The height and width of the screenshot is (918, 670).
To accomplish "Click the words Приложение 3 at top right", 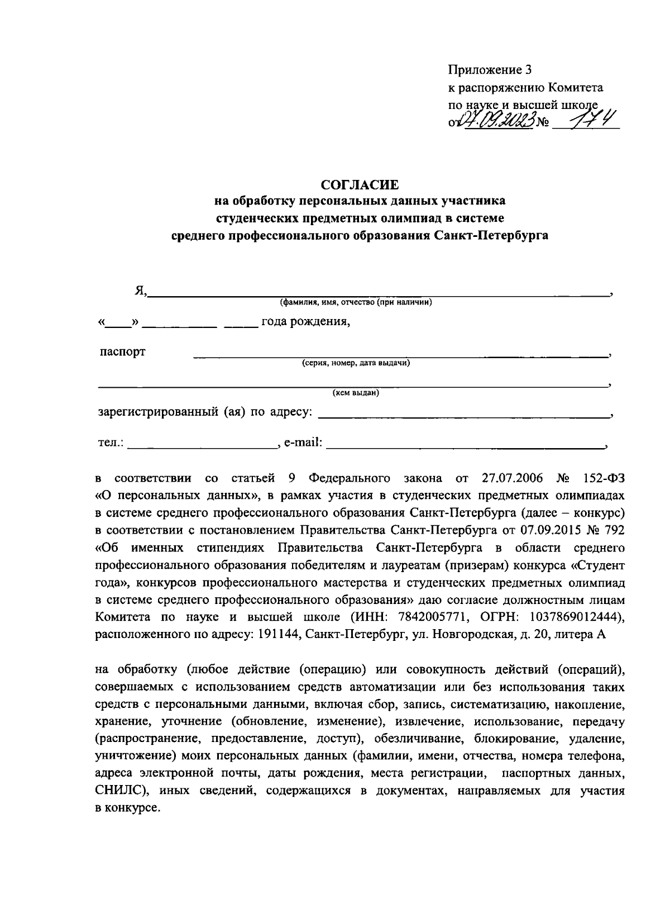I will (490, 70).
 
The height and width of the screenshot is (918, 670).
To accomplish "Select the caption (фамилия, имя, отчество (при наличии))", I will (356, 303).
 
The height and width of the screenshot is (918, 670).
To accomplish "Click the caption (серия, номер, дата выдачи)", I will (356, 363).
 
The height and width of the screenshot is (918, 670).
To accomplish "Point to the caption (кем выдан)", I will (356, 393).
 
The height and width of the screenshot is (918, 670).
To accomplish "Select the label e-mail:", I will (303, 443).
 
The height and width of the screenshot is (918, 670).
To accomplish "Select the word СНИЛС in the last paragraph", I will (119, 791).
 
